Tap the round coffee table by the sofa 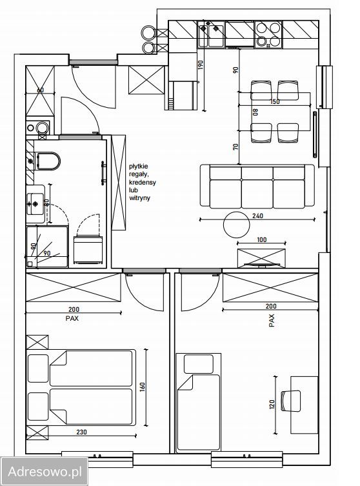[236, 225]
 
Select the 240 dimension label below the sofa [258, 216]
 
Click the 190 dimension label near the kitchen [201, 65]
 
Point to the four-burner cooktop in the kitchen [268, 34]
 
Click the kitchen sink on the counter [212, 34]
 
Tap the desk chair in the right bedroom [290, 401]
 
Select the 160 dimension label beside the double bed [143, 387]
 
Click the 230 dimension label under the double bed [81, 432]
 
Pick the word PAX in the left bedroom [72, 318]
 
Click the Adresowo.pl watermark [45, 472]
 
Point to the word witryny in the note [139, 197]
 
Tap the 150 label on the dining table [275, 102]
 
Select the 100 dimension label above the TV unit [262, 239]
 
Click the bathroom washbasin [35, 204]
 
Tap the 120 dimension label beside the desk [272, 405]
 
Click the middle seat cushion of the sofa [257, 194]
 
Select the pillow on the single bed [199, 364]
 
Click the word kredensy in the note [142, 182]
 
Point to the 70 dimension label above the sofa [235, 147]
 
